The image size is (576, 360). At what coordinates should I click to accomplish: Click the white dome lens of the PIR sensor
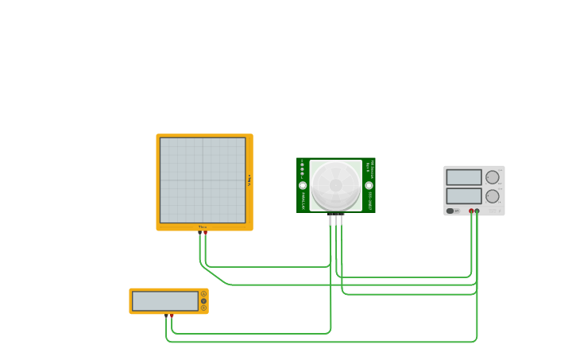coord(336,185)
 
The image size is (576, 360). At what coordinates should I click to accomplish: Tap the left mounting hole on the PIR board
coord(303,185)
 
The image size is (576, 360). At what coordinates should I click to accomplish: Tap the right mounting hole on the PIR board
coord(369,185)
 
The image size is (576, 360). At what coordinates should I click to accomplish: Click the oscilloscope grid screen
coord(203,180)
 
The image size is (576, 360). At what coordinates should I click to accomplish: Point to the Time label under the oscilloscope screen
coord(203,227)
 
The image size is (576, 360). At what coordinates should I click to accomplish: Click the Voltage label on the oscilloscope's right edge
coord(249,180)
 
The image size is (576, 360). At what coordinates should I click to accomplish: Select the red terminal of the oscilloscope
coord(205,232)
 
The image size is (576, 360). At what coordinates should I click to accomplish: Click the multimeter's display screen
coord(165,301)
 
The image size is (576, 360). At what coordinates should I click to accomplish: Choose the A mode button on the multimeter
coord(203,294)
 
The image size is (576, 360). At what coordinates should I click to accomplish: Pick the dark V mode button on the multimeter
coord(203,301)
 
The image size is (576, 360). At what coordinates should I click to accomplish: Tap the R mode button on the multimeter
coord(203,308)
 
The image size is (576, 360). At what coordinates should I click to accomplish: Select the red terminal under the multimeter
coord(172,315)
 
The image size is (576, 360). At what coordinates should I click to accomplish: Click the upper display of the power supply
coord(464,177)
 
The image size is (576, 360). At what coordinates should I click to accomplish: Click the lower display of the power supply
coord(464,196)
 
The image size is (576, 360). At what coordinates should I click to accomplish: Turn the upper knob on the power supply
coord(493,177)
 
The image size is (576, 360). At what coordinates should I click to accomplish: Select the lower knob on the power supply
coord(493,196)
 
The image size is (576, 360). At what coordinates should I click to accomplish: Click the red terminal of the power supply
coord(471,211)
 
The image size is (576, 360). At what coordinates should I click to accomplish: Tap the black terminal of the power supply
coord(477,211)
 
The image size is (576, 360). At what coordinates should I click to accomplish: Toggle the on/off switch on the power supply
coord(451,211)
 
